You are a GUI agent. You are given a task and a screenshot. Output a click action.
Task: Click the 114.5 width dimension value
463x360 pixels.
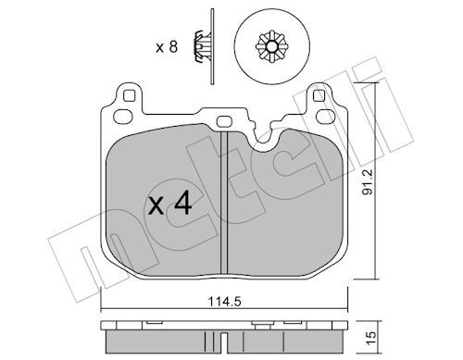224,302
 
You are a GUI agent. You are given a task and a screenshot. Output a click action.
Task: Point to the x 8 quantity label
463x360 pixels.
167,47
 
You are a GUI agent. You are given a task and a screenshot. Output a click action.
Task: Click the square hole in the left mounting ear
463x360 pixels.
130,96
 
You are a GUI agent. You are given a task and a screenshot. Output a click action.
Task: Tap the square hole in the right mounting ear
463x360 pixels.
319,96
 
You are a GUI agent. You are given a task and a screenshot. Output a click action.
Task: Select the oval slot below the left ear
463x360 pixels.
123,116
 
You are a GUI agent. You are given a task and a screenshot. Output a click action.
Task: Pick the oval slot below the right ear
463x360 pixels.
326,116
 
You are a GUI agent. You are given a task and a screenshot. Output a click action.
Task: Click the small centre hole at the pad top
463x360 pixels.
224,121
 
